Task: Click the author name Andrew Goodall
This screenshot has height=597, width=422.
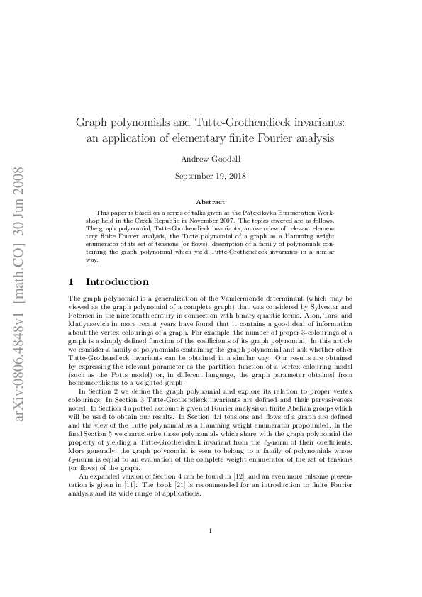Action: pyautogui.click(x=211, y=160)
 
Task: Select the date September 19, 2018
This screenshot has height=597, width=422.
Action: pyautogui.click(x=211, y=177)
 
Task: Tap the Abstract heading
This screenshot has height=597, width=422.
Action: pyautogui.click(x=211, y=202)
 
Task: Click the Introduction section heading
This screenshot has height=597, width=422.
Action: pyautogui.click(x=117, y=281)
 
